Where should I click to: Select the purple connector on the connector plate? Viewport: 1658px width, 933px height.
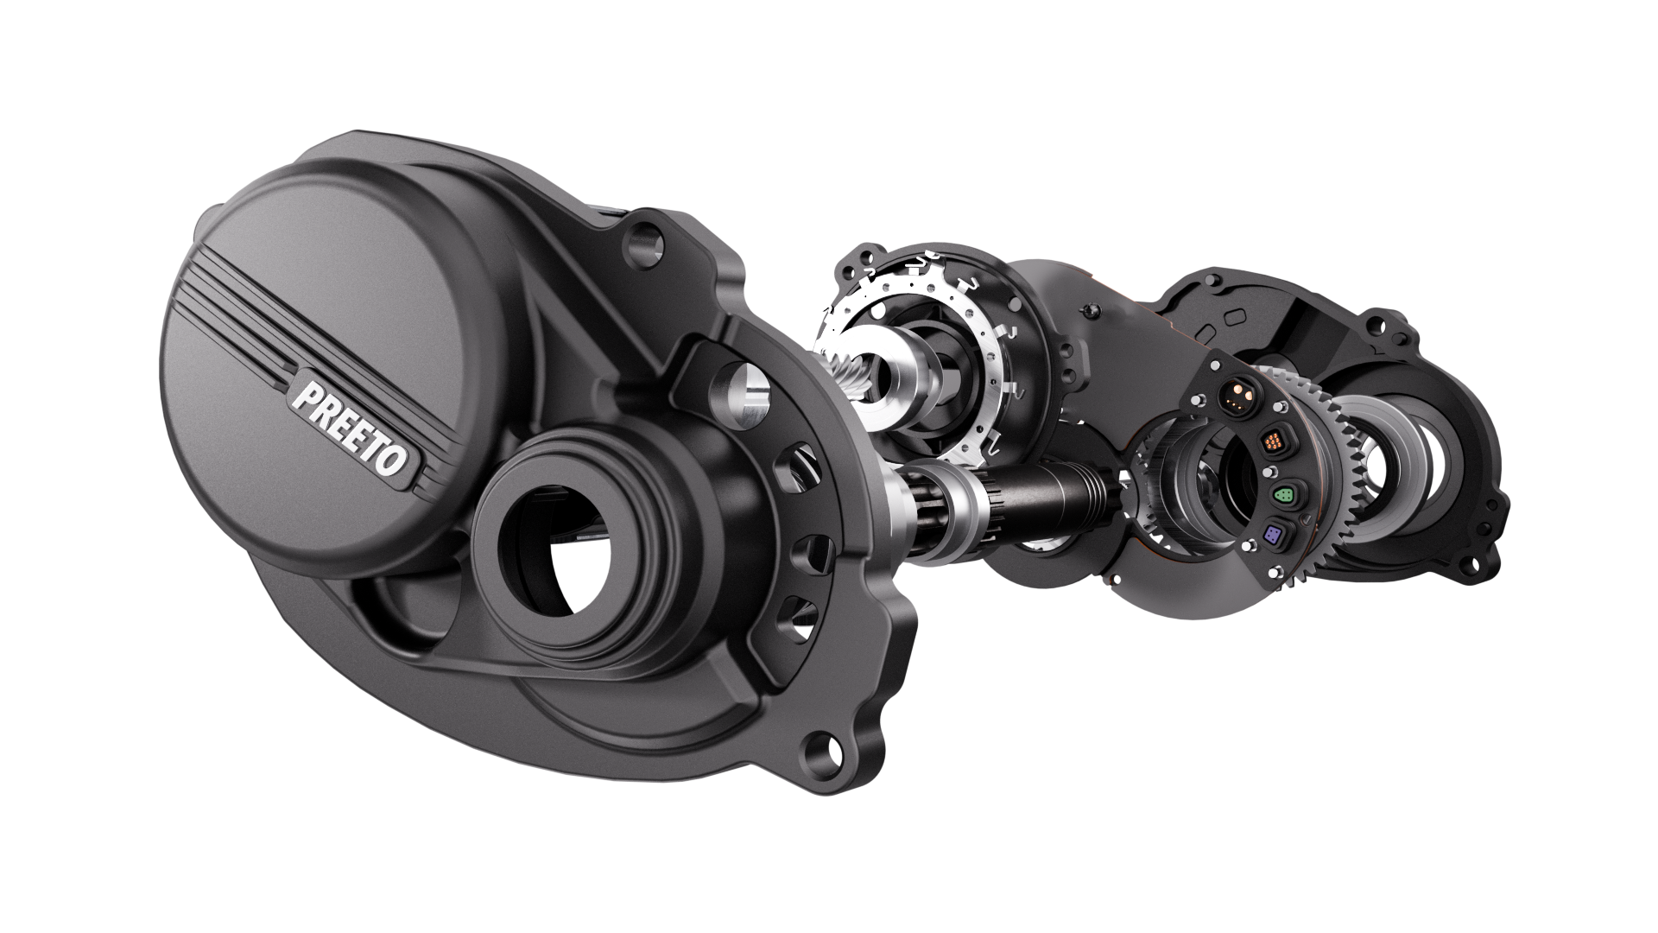pos(1274,532)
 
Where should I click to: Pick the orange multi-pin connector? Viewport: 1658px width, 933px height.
pos(1273,443)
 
